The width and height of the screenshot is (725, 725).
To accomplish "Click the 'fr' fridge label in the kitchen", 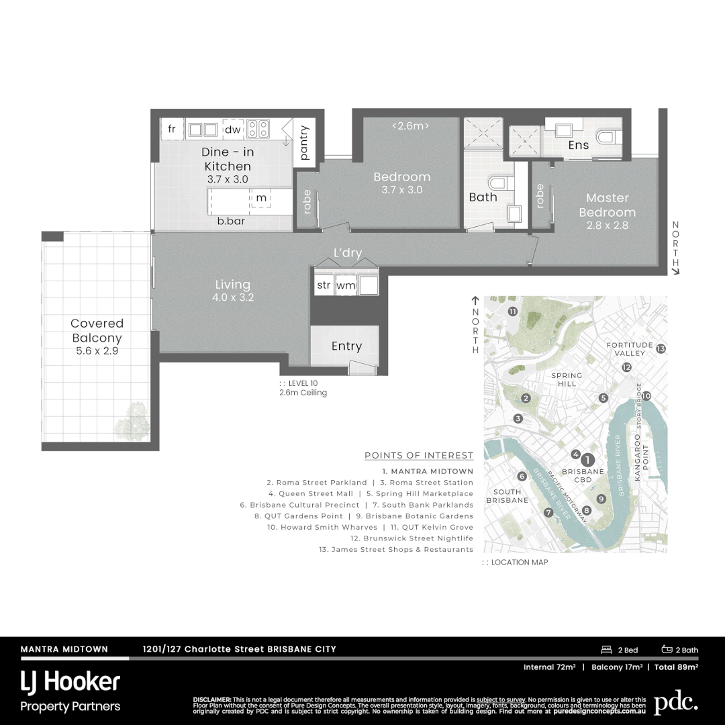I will point(172,129).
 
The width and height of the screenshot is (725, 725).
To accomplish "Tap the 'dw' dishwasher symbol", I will point(232,130).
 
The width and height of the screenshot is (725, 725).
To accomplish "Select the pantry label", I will point(304,142).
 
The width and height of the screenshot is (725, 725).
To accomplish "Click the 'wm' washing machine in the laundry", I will point(346,285).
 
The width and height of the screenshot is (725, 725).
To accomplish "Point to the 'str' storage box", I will point(324,285).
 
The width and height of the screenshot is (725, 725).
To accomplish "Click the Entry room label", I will point(346,346).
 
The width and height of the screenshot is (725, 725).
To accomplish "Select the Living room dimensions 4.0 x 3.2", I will point(232,297).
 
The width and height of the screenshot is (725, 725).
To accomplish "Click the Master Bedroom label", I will point(607,205).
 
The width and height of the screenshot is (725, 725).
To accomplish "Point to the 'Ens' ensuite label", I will point(578,145).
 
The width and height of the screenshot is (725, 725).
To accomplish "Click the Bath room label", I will point(483,197).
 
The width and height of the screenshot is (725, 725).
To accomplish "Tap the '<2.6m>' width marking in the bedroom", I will point(410,126).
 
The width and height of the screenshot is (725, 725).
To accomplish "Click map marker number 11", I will point(513,311).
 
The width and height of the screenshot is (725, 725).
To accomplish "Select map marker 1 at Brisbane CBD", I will point(587,460).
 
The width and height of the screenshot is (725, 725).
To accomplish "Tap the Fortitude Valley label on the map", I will point(629,349).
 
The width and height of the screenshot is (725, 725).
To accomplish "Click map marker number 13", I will point(661,348).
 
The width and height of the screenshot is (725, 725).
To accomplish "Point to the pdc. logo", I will point(675,702).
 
